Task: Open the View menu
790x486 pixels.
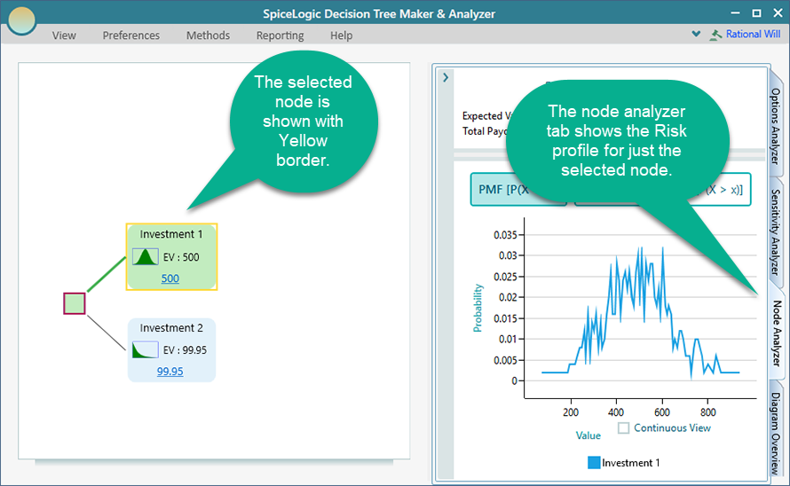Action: tap(64, 35)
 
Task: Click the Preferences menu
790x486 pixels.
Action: tap(131, 35)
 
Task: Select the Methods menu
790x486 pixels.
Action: tap(208, 35)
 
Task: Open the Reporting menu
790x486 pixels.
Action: tap(280, 35)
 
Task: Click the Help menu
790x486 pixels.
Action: tap(341, 35)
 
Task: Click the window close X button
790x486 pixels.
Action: tap(775, 13)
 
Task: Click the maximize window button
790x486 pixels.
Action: tap(756, 13)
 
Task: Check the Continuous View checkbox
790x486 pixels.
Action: tap(623, 428)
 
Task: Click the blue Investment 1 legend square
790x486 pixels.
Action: tap(594, 463)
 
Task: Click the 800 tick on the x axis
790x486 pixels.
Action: tap(707, 412)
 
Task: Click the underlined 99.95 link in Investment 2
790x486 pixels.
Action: tap(170, 372)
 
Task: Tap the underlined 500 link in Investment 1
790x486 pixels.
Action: tap(170, 278)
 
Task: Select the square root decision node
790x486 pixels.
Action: tap(75, 303)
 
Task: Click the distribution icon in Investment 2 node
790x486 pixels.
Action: tap(146, 350)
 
